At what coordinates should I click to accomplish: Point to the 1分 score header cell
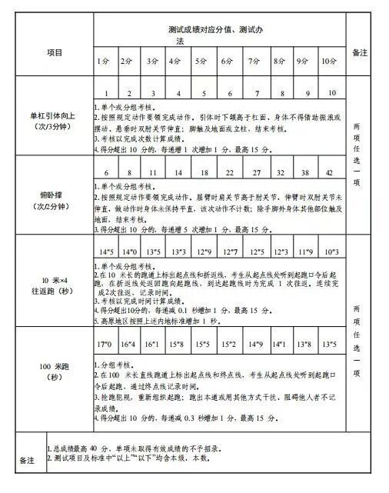[x=102, y=61]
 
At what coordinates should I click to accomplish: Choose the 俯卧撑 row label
[x=49, y=200]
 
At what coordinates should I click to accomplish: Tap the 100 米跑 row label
[x=49, y=371]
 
